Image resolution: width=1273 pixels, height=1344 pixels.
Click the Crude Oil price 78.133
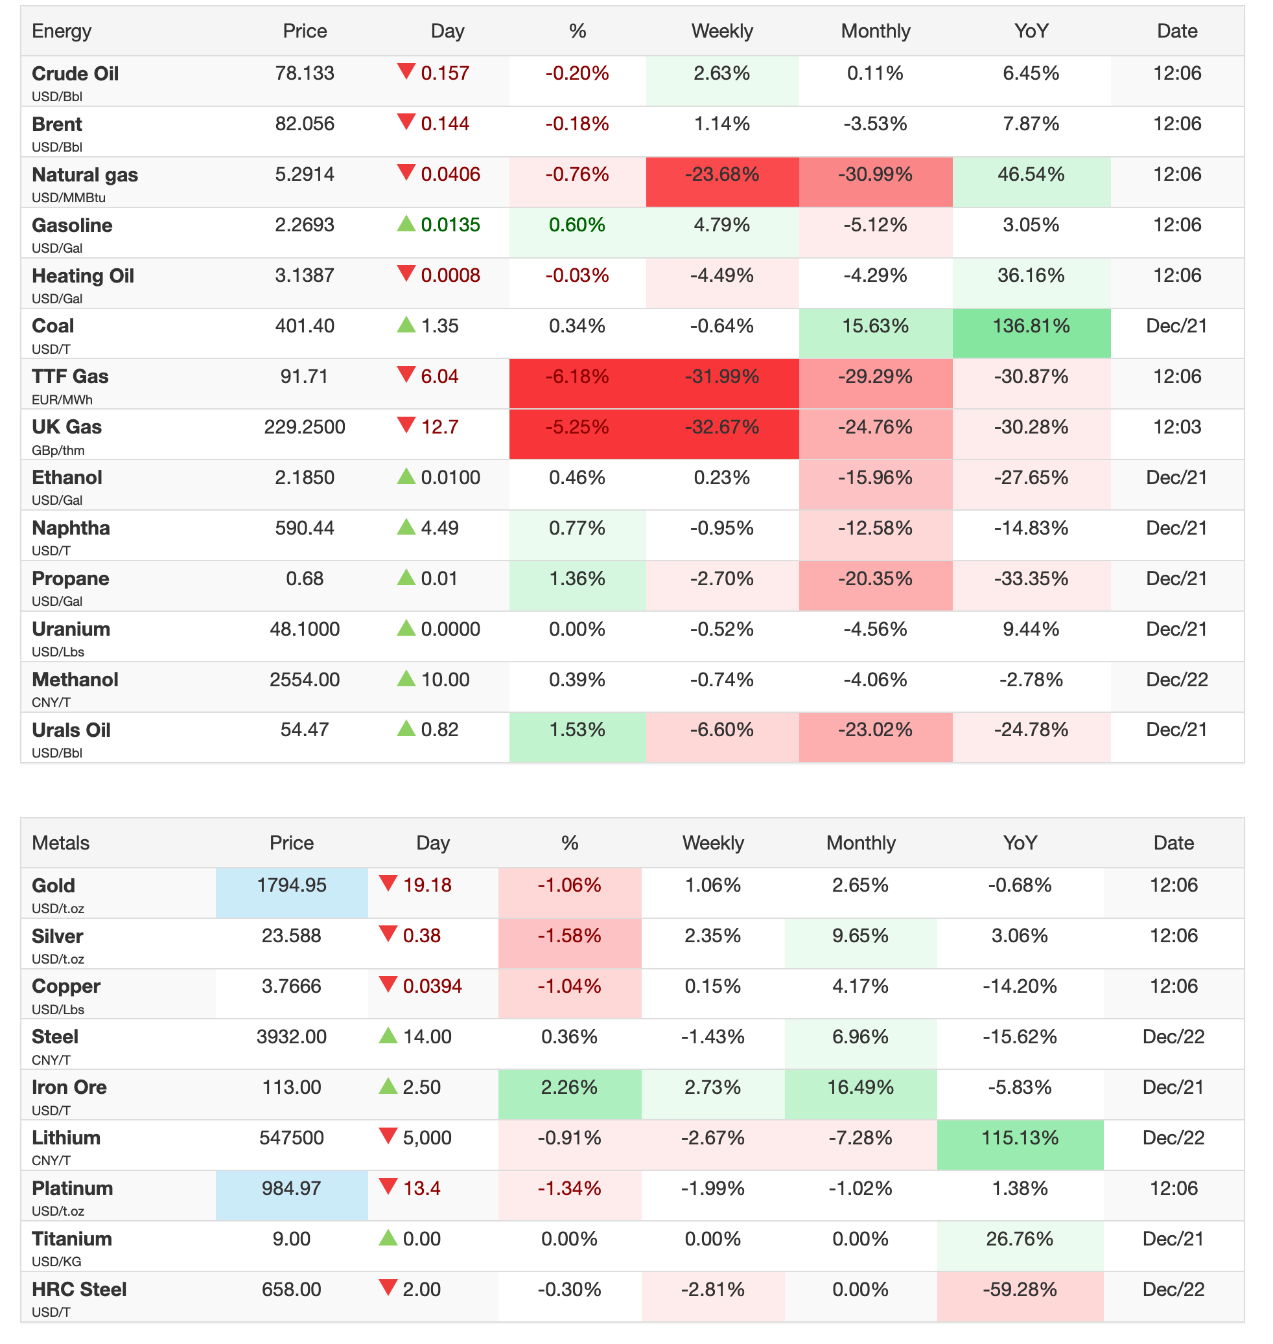[x=305, y=73]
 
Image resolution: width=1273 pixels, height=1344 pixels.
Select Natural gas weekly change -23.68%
[x=721, y=175]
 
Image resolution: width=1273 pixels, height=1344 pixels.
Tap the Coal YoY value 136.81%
[x=1031, y=327]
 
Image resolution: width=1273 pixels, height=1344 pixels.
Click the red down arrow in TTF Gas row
[x=406, y=375]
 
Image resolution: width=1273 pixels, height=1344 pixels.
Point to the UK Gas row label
[x=67, y=428]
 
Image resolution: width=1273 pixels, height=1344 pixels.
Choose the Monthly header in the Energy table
[x=876, y=31]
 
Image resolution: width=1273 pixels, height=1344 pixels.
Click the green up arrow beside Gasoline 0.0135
[x=406, y=223]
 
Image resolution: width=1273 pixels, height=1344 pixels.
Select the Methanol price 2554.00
[x=305, y=680]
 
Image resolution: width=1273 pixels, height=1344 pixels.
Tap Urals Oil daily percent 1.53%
[x=577, y=730]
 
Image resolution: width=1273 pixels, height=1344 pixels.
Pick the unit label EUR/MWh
[x=62, y=400]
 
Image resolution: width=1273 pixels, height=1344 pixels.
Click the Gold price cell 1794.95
[x=292, y=885]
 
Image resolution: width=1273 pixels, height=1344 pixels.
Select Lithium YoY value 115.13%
[x=1020, y=1138]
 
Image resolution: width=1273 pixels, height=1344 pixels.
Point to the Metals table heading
[x=60, y=843]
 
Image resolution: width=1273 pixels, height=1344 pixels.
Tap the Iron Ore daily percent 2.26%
[x=569, y=1087]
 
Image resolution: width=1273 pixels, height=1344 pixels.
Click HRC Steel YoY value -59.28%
[x=1020, y=1289]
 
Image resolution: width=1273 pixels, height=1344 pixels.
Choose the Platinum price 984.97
[x=292, y=1188]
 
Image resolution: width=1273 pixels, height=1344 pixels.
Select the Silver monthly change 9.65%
[x=860, y=936]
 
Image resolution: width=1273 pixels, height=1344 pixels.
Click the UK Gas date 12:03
[x=1176, y=428]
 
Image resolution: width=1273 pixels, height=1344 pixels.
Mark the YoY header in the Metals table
[x=1020, y=843]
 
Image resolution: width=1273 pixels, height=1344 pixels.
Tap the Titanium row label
[x=71, y=1239]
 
